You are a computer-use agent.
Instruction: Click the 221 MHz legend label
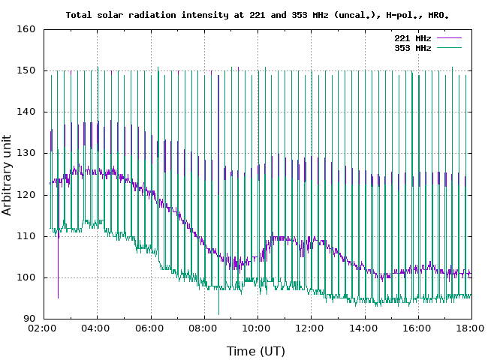coord(412,37)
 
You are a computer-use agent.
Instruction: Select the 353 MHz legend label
coord(412,47)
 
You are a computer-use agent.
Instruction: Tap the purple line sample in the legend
coord(448,37)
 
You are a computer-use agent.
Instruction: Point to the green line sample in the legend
coord(448,47)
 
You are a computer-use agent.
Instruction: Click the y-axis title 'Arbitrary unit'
coord(8,175)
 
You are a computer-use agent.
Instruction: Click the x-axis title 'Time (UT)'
coord(256,350)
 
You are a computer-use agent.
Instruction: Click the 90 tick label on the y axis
coord(29,319)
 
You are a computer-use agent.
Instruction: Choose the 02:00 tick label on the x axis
coord(44,329)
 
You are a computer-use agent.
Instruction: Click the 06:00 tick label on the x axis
coord(150,329)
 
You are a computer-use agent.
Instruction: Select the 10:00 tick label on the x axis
coord(257,329)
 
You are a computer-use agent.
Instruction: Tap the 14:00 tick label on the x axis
coord(364,329)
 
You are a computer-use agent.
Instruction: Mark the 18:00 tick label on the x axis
coord(471,329)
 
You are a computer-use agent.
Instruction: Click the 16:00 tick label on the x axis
coord(417,329)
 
